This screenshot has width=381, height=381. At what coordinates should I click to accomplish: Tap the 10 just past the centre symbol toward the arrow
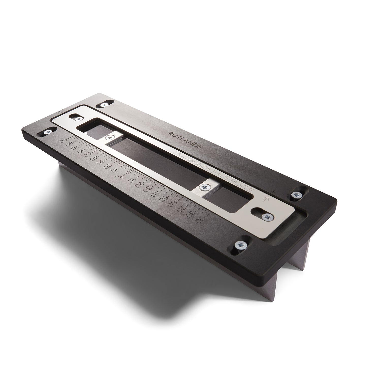coord(131,181)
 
